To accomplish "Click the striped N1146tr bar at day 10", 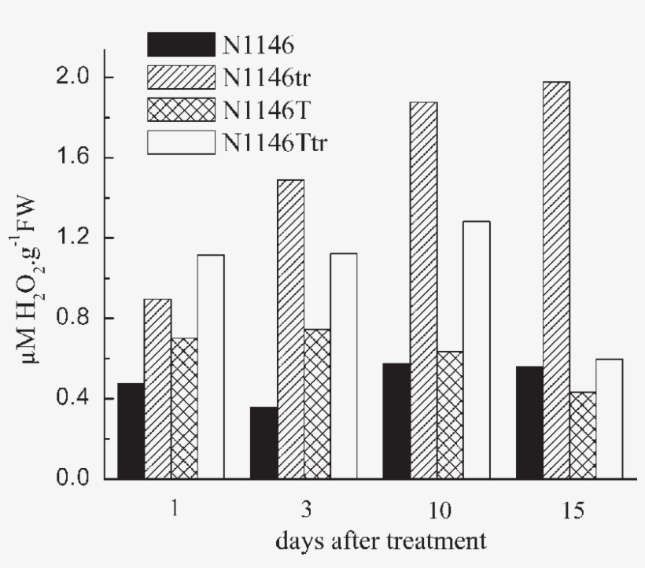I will [422, 290].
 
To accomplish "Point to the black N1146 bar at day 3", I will [264, 443].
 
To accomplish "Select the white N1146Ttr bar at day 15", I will [610, 419].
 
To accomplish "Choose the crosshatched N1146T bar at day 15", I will [583, 435].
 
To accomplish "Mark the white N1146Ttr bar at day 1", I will [211, 367].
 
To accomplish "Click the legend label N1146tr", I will [264, 77].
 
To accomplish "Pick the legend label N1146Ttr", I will [271, 142].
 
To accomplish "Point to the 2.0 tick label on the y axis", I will [79, 77].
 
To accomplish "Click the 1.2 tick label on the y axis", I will [79, 238].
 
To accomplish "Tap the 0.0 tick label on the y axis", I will [79, 478].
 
